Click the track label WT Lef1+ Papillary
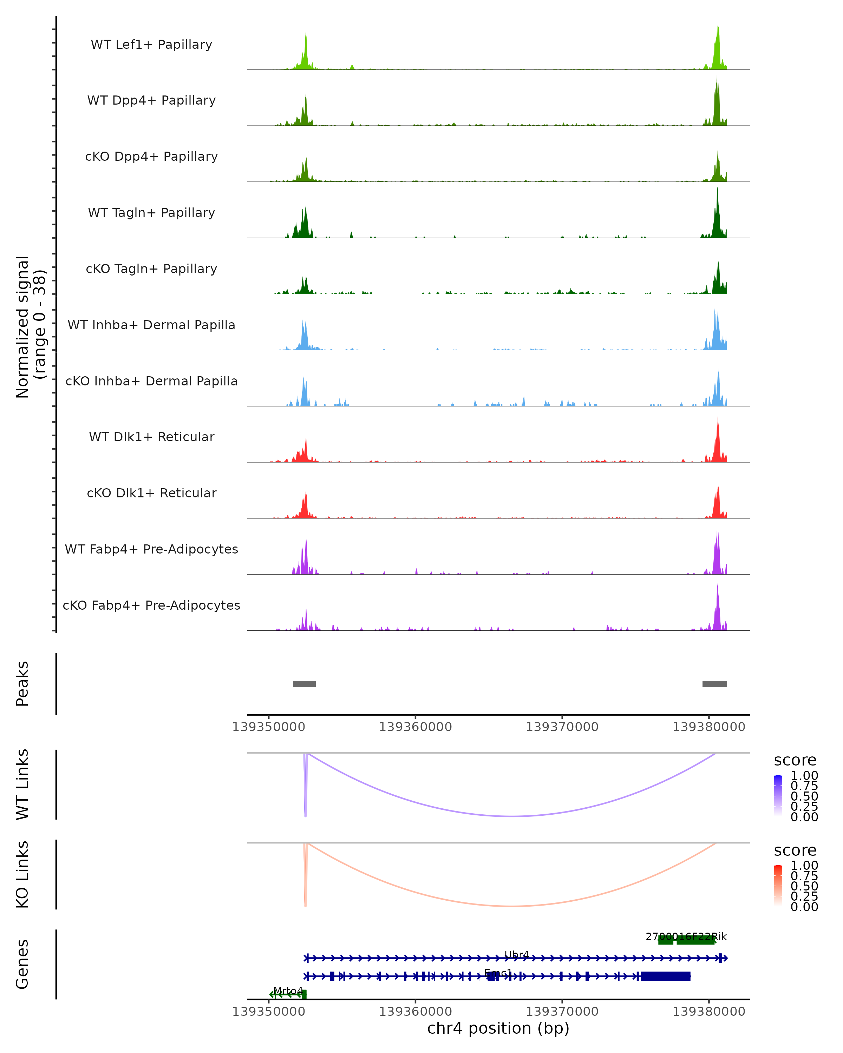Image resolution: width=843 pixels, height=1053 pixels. click(x=151, y=45)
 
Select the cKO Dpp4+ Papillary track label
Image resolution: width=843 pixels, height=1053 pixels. click(x=151, y=157)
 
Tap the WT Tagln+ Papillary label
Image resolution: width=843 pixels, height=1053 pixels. click(x=151, y=213)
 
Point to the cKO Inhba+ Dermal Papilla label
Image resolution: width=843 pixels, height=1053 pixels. click(x=151, y=382)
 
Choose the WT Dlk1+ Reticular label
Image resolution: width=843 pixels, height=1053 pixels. click(x=151, y=437)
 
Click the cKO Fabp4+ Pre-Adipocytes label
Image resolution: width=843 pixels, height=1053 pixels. click(x=151, y=605)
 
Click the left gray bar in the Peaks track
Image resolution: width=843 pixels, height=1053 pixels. click(x=304, y=684)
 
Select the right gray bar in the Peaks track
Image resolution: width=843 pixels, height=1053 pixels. click(x=714, y=684)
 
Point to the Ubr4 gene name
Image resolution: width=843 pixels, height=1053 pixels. click(x=517, y=954)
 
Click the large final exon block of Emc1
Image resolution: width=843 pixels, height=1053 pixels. click(x=665, y=976)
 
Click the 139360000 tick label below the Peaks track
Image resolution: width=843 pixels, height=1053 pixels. click(x=416, y=727)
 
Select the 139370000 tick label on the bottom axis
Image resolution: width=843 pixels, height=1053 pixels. click(x=562, y=1011)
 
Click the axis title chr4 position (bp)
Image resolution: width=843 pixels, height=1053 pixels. click(x=498, y=1028)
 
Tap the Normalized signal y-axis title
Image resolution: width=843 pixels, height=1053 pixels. click(x=30, y=327)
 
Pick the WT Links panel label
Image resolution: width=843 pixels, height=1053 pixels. click(x=22, y=784)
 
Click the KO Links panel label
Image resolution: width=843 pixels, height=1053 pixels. click(x=22, y=874)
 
